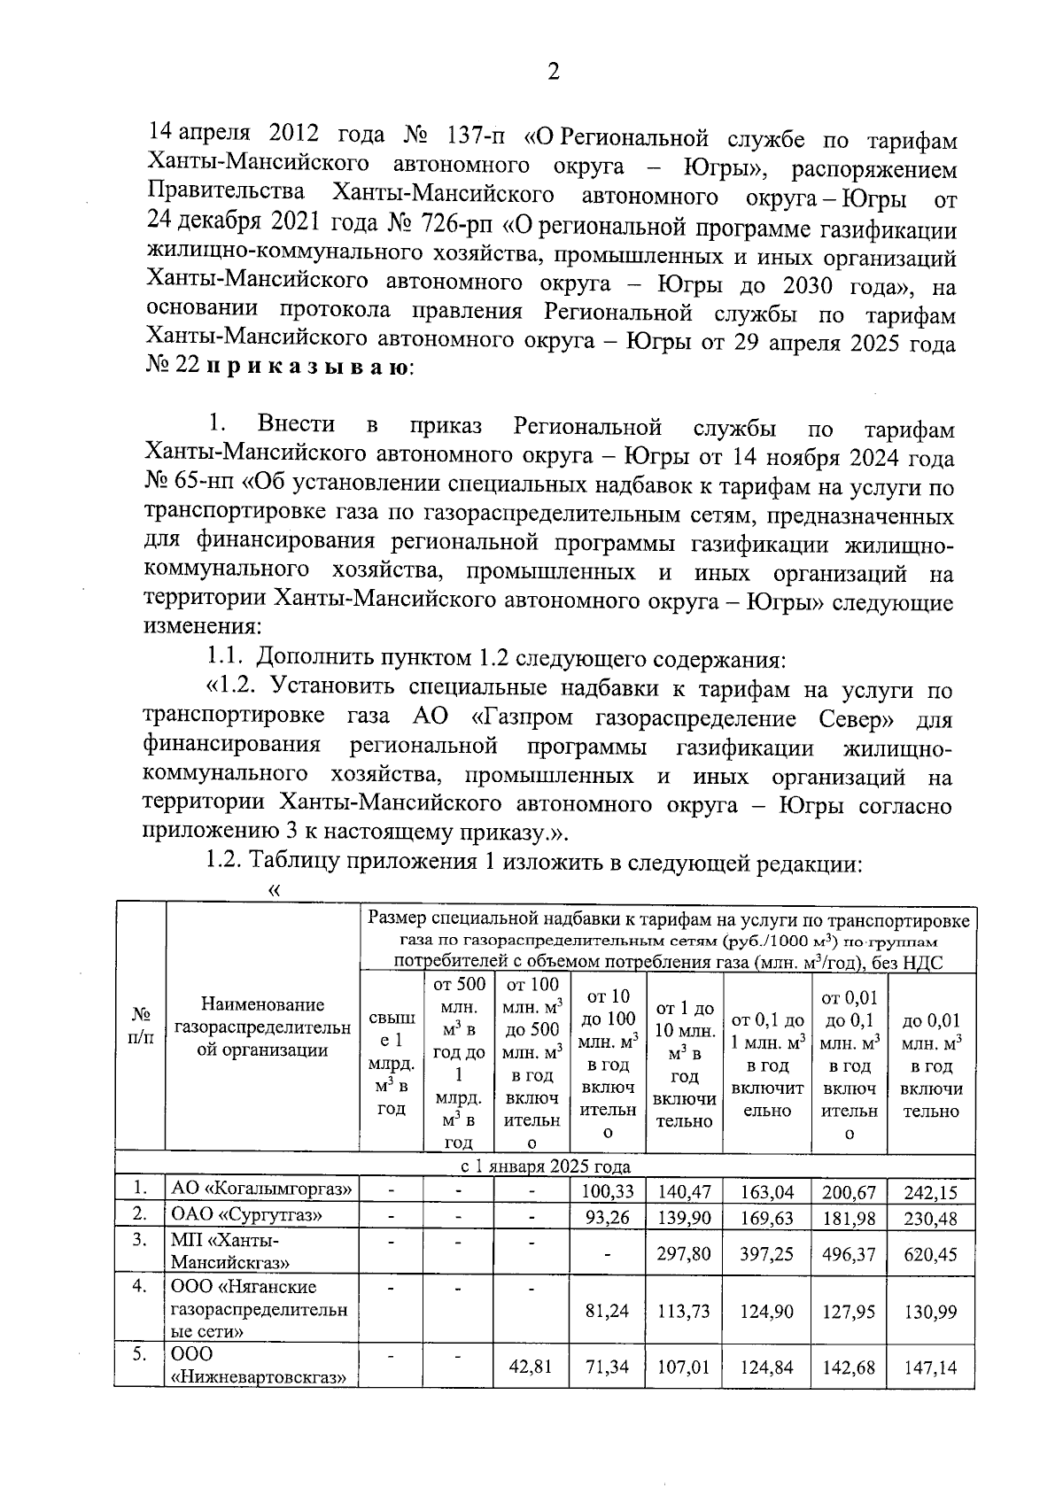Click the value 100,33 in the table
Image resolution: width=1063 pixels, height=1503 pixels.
click(608, 1192)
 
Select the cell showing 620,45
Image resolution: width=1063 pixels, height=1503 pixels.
click(930, 1254)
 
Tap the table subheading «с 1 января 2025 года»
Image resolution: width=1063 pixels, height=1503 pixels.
click(544, 1166)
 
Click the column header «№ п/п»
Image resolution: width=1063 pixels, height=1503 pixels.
click(140, 1025)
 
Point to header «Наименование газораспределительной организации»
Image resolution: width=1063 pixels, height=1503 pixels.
click(262, 1027)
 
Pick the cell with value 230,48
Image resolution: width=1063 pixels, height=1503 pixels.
click(930, 1219)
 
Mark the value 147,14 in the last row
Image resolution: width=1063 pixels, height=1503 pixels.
click(930, 1367)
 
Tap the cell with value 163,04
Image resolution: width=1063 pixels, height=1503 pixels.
click(767, 1192)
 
